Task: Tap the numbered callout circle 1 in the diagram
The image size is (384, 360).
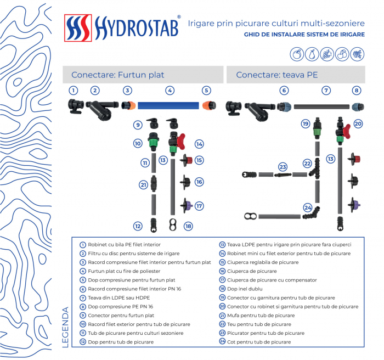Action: click(x=74, y=90)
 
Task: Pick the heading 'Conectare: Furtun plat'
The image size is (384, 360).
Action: click(x=117, y=75)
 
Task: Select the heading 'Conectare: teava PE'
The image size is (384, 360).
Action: click(x=277, y=75)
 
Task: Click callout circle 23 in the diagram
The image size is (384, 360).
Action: click(x=283, y=166)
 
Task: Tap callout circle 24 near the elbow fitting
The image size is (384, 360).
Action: click(x=308, y=207)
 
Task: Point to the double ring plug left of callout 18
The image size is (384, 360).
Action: click(x=173, y=224)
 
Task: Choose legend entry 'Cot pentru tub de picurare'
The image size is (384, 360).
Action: click(x=258, y=341)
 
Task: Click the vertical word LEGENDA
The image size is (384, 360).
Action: click(x=66, y=328)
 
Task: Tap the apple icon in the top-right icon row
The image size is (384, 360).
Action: click(x=297, y=54)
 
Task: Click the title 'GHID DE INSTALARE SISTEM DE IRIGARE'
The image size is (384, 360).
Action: click(x=304, y=34)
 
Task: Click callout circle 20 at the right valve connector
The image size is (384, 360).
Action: click(x=358, y=124)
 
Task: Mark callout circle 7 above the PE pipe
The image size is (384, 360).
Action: click(x=326, y=91)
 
